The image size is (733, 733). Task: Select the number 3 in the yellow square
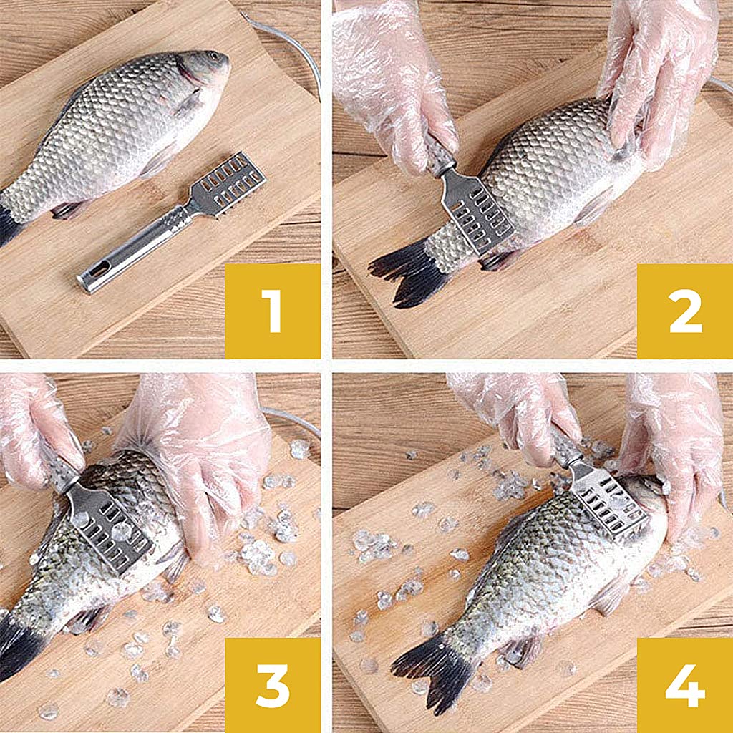click(x=272, y=685)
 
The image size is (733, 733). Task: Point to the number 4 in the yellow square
click(x=685, y=685)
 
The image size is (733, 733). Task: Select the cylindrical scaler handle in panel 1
click(x=132, y=247)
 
